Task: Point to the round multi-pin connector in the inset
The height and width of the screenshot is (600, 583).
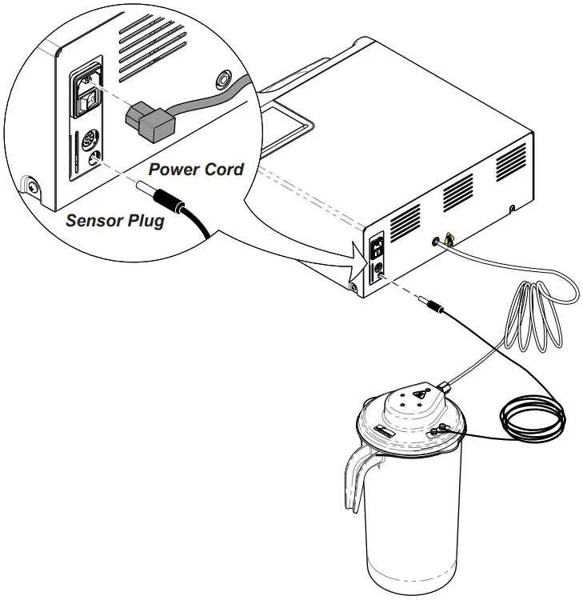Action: (90, 138)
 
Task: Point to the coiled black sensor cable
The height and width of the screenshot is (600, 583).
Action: (533, 415)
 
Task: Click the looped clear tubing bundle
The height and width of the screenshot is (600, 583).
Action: (532, 320)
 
